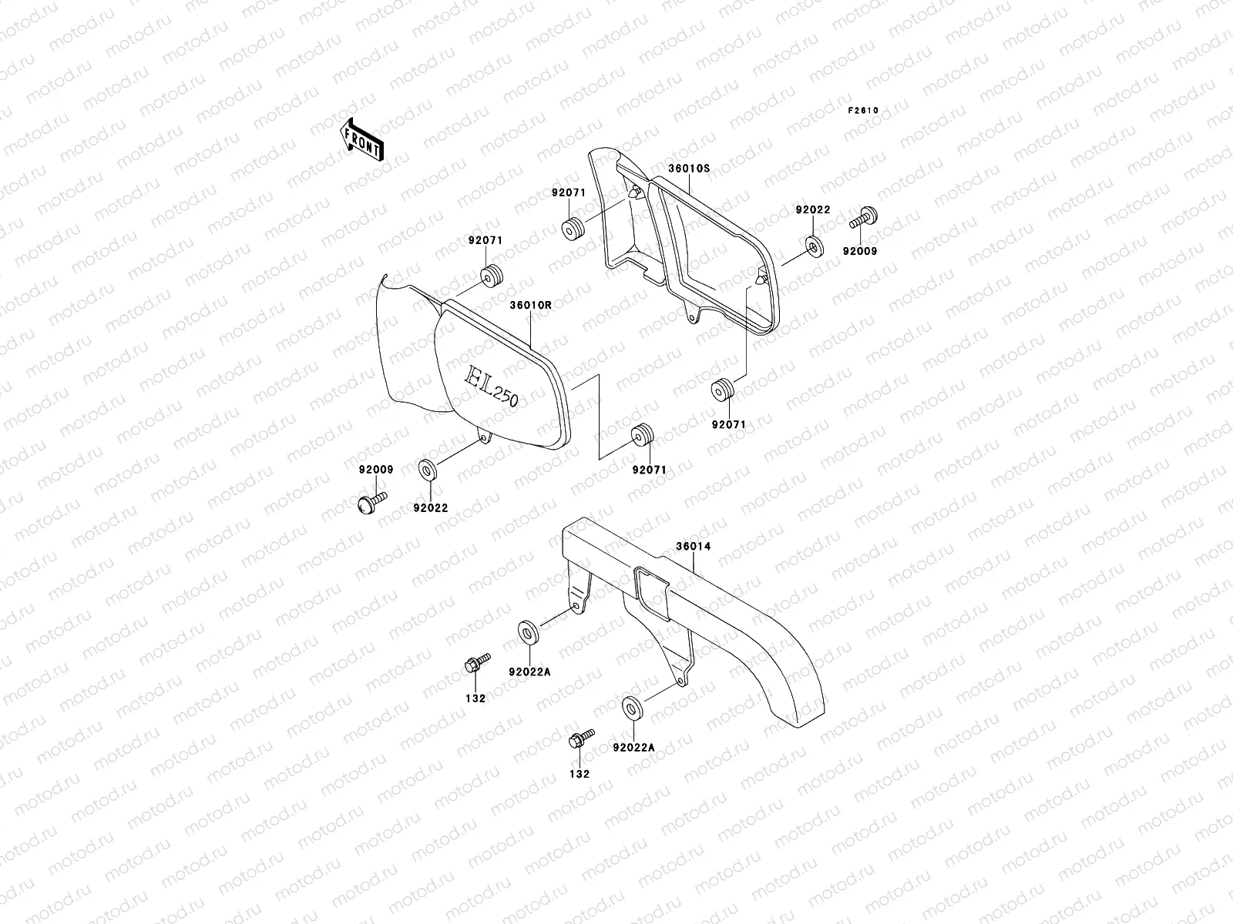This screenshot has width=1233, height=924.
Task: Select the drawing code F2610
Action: coord(863,110)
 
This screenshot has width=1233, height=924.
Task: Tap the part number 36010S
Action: coord(688,168)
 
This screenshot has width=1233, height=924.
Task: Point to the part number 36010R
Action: coord(530,305)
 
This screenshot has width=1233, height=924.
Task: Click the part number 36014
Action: coord(693,547)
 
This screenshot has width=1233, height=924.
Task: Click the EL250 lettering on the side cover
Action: coord(491,386)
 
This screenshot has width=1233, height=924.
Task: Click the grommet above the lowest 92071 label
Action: coord(641,436)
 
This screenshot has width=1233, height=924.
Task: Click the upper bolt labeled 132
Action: coord(475,665)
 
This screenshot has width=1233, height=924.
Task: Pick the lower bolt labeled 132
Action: coord(579,739)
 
